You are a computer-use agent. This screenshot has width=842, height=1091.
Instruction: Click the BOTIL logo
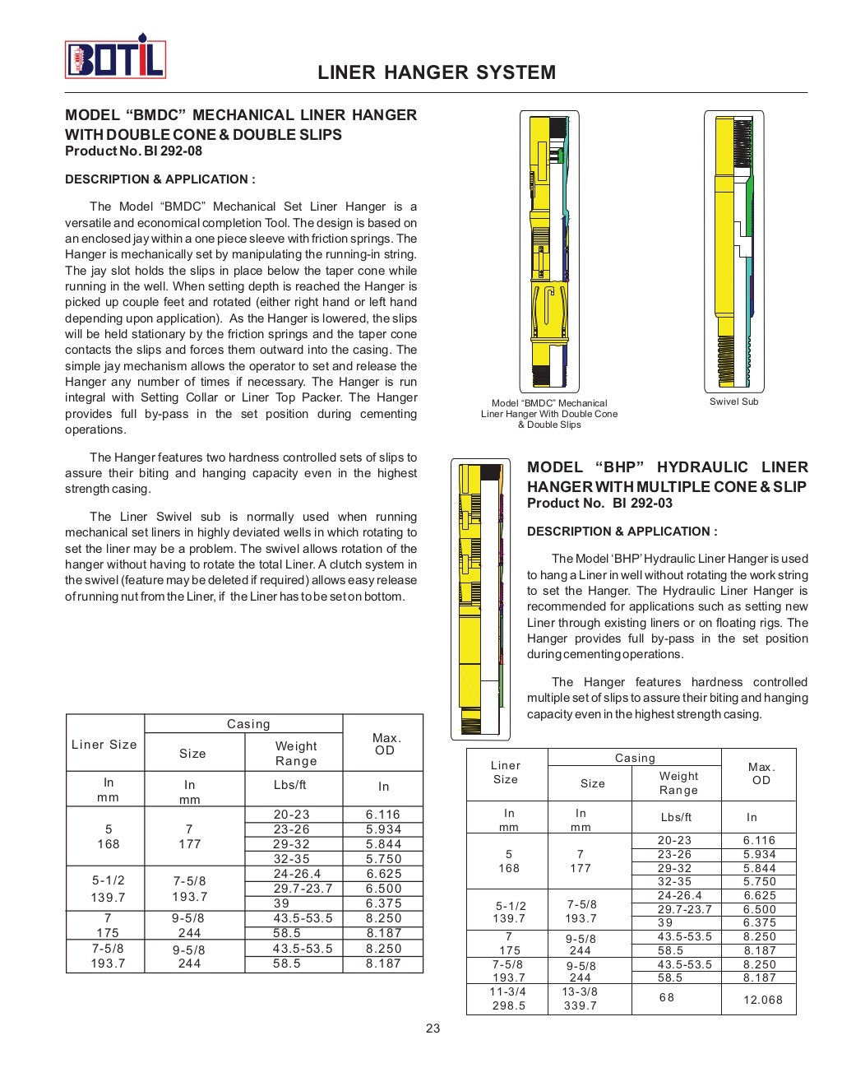coord(115,58)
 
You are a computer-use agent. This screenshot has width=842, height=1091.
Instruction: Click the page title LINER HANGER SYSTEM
coord(436,72)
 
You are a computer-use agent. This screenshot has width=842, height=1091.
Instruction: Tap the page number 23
coord(433,1028)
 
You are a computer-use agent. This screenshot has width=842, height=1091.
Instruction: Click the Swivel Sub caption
coord(733,402)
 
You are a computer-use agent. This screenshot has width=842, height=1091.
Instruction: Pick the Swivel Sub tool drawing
coord(733,251)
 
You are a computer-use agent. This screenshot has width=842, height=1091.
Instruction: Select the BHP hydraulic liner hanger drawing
coord(480,599)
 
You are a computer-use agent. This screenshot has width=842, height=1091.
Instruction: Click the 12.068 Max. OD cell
coord(762,1000)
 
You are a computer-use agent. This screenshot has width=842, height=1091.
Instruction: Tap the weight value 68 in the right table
coord(666,997)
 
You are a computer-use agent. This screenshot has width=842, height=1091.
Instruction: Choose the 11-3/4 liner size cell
coord(507,998)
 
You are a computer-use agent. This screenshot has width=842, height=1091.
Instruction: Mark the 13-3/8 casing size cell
coord(580,998)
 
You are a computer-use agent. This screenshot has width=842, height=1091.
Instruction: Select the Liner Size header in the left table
coord(104,744)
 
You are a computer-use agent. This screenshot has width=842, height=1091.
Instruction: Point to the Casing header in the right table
coord(635,758)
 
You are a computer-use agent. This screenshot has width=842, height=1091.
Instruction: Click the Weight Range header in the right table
coord(678,782)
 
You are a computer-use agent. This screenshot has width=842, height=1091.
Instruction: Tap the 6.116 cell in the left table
coord(383,815)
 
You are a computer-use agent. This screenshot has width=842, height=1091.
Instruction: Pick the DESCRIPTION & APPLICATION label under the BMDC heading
coord(160,179)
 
